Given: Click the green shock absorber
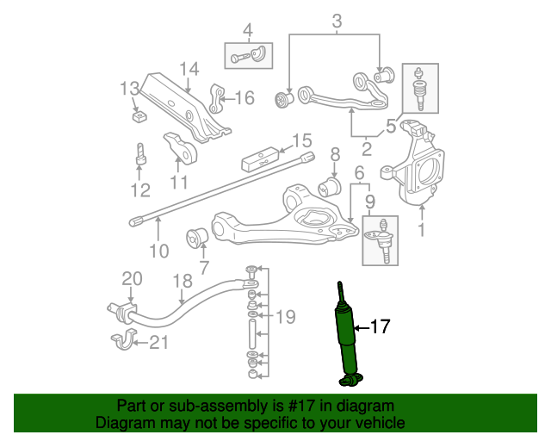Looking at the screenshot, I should point(349,336).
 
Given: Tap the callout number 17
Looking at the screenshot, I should point(380,326).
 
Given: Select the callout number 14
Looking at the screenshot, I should point(189,69).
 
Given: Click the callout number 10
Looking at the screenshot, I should point(159,251).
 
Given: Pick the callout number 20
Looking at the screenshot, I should point(131,278).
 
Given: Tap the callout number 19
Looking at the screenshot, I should point(286,317).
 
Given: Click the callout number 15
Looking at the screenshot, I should point(300,141).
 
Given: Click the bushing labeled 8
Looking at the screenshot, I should point(331,186).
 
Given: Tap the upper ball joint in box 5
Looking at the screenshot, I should point(419,90).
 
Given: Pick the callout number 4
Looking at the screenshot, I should point(248,32).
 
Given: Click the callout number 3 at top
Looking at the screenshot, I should point(336,21).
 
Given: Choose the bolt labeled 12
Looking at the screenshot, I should point(140,157).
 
